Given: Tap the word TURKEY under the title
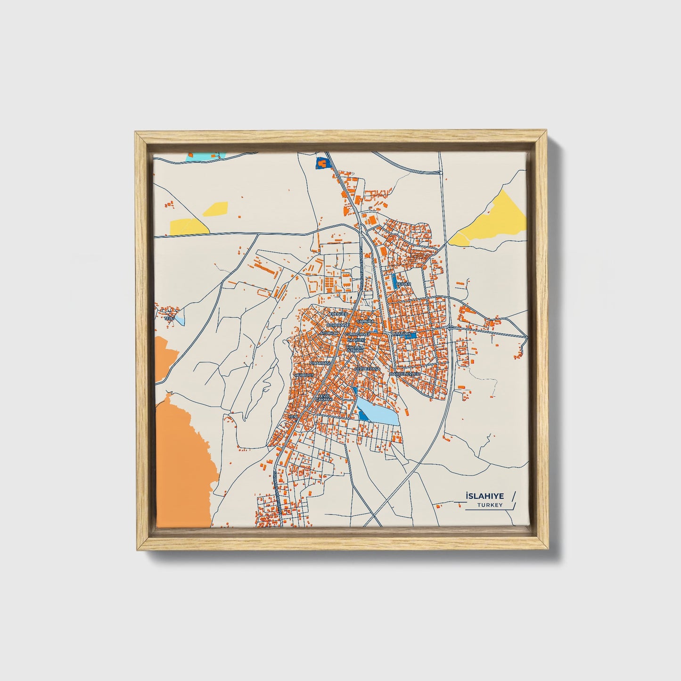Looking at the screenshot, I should (490, 505).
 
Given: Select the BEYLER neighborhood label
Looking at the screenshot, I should (404, 284).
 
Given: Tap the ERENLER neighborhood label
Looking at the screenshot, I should (338, 314).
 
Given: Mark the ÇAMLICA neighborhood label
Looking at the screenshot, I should (366, 321).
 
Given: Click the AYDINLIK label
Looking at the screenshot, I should (329, 333).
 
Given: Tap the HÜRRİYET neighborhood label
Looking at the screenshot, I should (304, 375).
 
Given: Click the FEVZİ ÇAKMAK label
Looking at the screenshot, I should (326, 398).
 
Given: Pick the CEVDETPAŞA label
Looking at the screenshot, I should (367, 369).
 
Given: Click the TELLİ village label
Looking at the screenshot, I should (169, 318).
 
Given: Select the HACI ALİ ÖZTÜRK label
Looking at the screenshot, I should (355, 348).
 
